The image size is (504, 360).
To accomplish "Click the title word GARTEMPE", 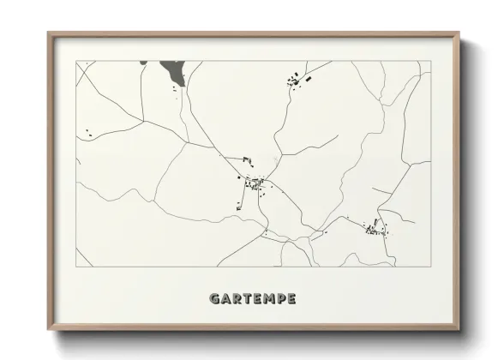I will [254, 299].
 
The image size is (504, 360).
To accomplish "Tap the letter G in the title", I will [214, 299].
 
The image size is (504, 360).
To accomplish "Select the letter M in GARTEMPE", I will [267, 299].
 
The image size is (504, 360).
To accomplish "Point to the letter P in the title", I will [279, 299].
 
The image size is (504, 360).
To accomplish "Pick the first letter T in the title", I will [247, 299].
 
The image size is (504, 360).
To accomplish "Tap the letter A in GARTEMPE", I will [225, 299].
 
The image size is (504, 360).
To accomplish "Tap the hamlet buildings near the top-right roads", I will [297, 81].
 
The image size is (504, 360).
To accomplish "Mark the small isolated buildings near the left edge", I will [87, 133].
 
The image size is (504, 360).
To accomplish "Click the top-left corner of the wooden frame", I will [48, 33].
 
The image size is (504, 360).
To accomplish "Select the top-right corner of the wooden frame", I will [459, 33].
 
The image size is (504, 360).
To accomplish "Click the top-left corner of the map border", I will [76, 61].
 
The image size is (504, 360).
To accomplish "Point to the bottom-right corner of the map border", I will [430, 267].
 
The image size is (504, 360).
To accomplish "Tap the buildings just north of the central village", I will [247, 159].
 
